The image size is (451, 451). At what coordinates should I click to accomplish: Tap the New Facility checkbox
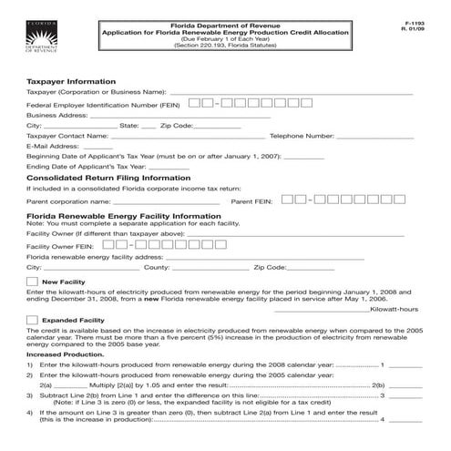point(33,282)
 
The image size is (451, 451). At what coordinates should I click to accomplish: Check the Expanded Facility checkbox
point(33,321)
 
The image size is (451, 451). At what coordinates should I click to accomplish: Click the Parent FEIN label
point(251,200)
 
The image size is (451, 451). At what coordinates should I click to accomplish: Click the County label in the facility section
point(157,268)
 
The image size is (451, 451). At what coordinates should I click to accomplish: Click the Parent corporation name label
point(69,200)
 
